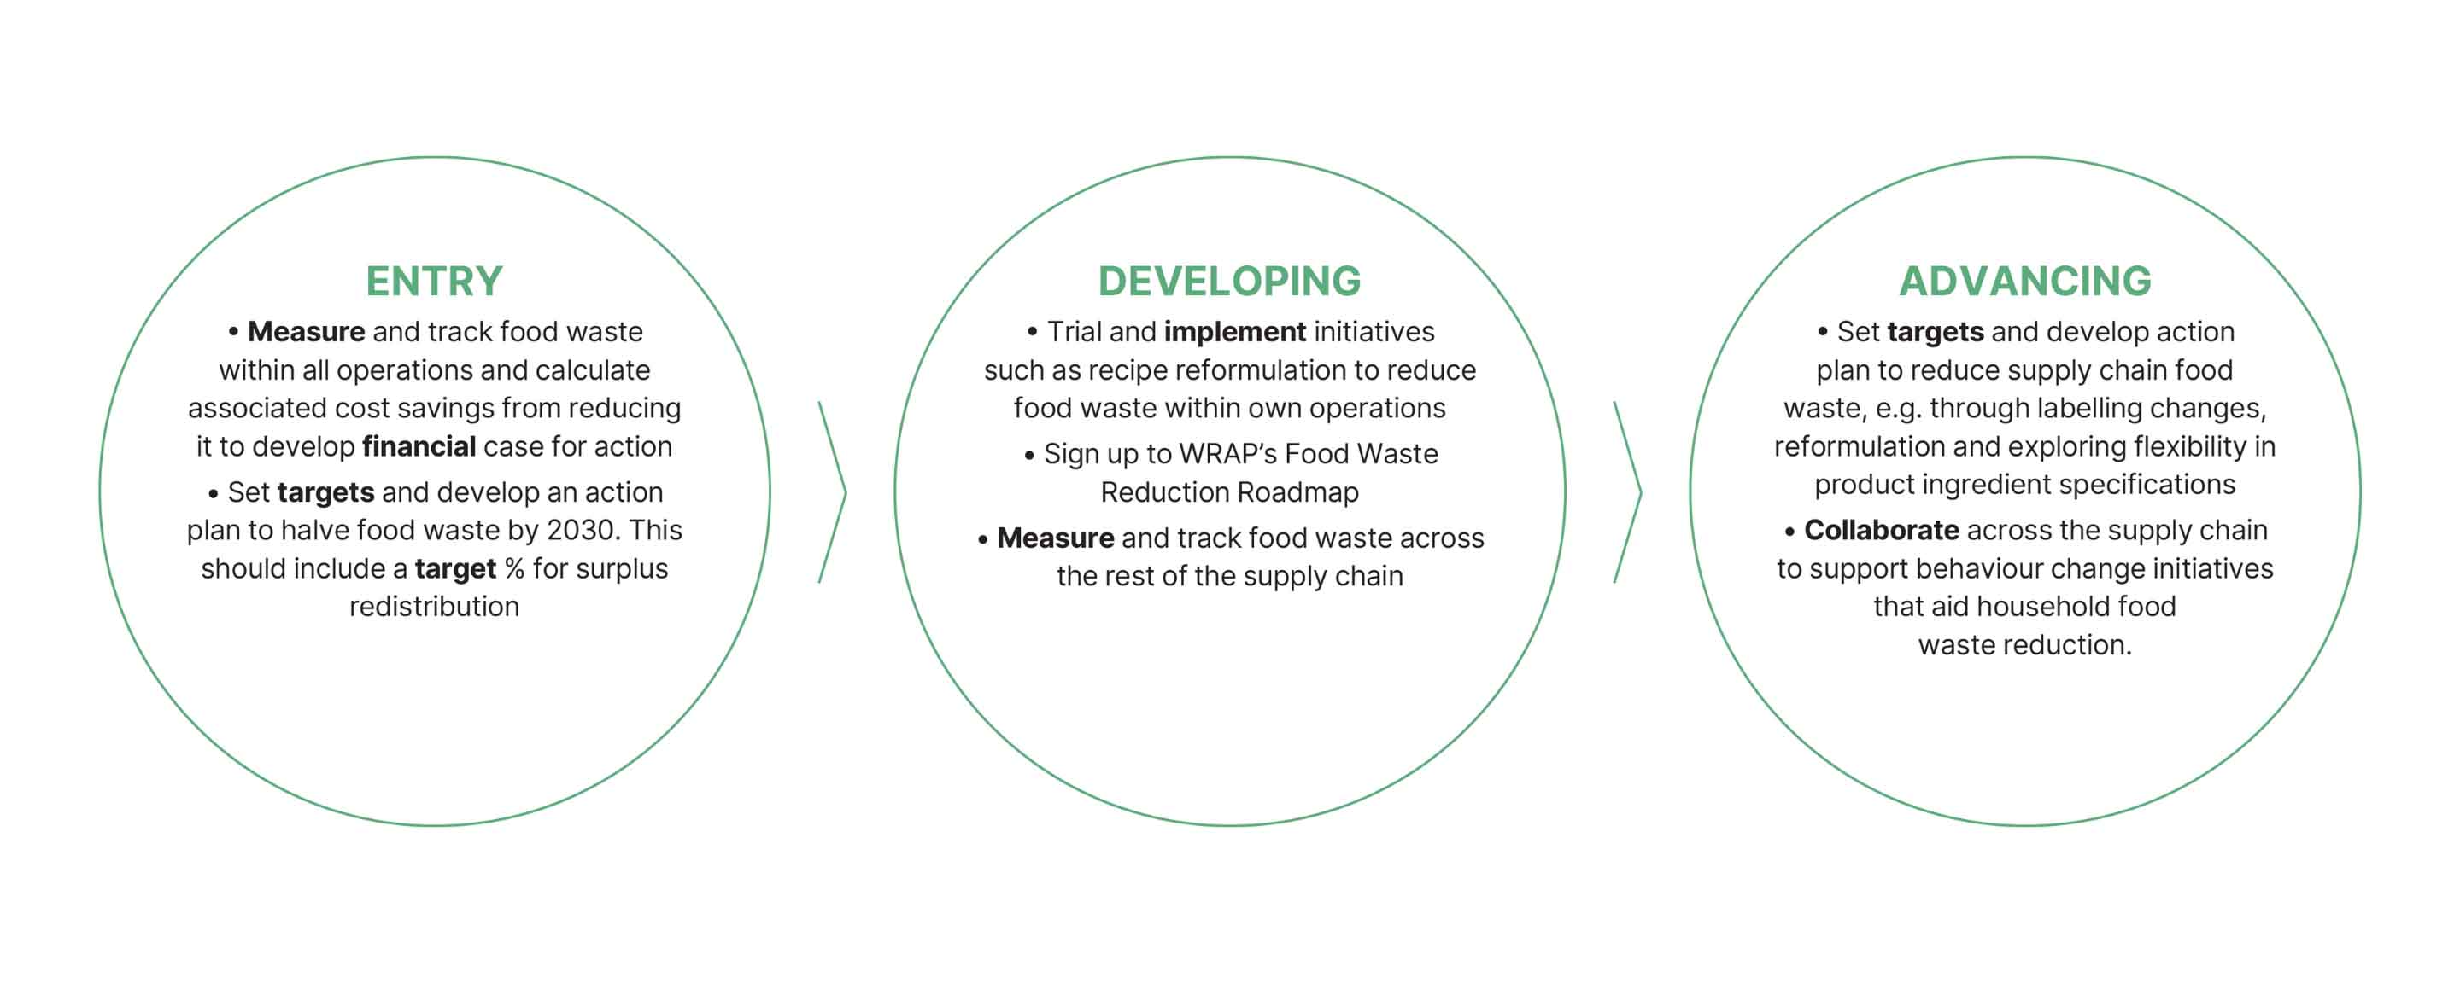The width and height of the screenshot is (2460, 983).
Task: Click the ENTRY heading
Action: click(x=434, y=281)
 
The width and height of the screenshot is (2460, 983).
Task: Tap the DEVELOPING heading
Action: click(x=1229, y=281)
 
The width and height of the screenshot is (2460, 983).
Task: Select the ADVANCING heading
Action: click(x=2024, y=281)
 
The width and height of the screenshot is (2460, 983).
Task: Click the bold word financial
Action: click(x=419, y=446)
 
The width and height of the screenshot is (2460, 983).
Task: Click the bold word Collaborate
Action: click(x=1880, y=531)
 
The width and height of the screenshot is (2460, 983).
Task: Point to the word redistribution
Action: click(x=434, y=607)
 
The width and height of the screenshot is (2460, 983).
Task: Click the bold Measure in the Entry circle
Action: click(x=306, y=332)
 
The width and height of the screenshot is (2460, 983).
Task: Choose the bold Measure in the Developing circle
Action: click(x=1055, y=538)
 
